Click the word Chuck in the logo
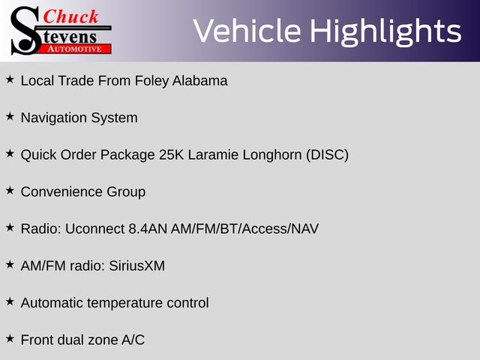tap(70, 16)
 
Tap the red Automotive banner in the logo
tap(75, 49)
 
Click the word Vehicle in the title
tap(247, 31)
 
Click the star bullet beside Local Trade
tap(10, 79)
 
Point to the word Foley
tap(151, 81)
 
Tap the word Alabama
tap(200, 81)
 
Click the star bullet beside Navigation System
tap(10, 116)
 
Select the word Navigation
tap(53, 118)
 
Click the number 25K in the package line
tap(171, 154)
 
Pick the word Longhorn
tap(272, 155)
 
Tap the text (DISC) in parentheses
tap(327, 155)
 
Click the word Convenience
tap(61, 192)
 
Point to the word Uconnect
tap(94, 229)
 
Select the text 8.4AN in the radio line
tap(148, 229)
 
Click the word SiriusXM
tap(136, 265)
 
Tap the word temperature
tap(125, 303)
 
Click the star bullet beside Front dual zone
tap(10, 338)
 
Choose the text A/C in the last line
tap(133, 340)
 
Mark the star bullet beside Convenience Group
tap(10, 190)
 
